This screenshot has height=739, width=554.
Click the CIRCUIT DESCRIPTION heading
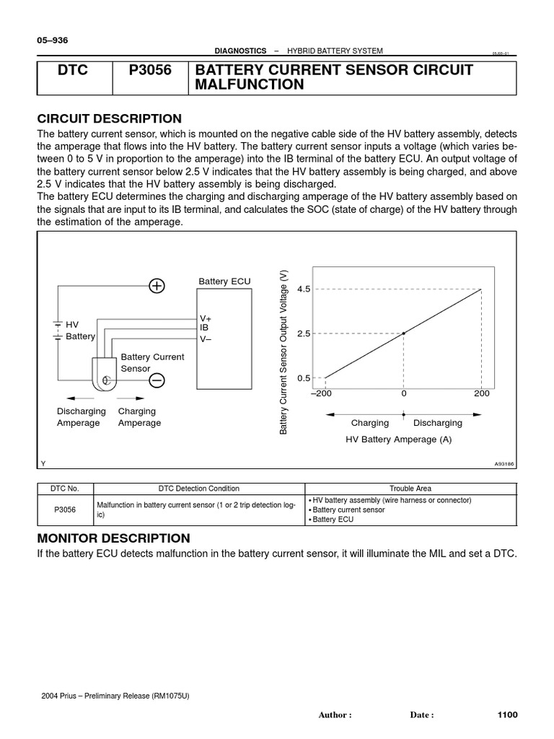coord(109,118)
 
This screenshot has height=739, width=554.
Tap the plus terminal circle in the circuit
coord(157,286)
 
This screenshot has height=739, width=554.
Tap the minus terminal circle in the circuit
coord(157,380)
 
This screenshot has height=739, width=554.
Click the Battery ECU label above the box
coord(224,281)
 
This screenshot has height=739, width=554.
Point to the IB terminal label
coord(204,328)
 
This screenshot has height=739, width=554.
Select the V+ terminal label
coord(206,318)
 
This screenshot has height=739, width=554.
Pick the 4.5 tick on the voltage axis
coord(303,289)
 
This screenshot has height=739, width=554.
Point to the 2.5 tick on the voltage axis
coord(303,333)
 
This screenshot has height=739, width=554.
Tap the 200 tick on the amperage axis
coord(482,394)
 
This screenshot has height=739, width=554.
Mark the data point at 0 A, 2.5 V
coord(403,333)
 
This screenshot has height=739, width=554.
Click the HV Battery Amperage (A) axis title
coord(399,440)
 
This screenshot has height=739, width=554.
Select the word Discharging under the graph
coord(438,423)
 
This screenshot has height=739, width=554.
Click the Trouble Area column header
coord(410,489)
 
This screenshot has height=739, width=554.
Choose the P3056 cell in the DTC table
coord(65,510)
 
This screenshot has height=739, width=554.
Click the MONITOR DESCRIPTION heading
coord(113,538)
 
